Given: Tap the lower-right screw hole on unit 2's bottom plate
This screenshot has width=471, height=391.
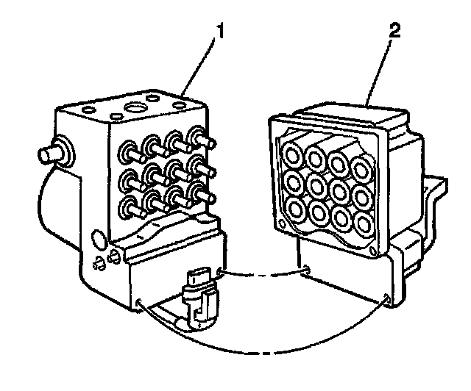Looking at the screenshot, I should (x=386, y=298).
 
